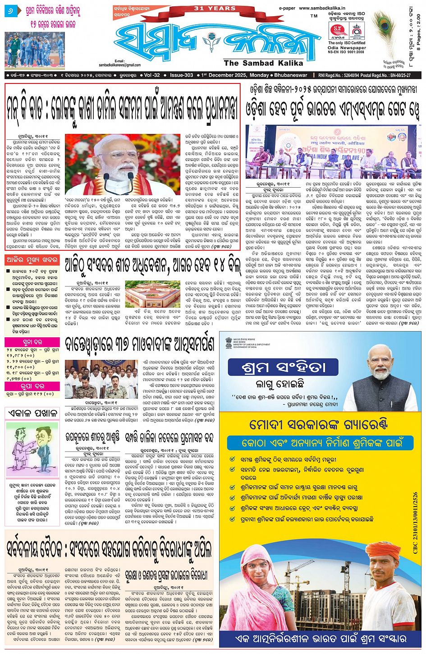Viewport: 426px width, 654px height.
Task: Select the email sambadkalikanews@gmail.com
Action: click(x=119, y=65)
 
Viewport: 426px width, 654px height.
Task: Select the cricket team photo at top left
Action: click(x=35, y=49)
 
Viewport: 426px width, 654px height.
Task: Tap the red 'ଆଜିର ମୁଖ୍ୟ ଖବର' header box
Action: click(x=32, y=260)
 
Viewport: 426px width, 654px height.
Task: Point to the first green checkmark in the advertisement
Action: click(x=232, y=459)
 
